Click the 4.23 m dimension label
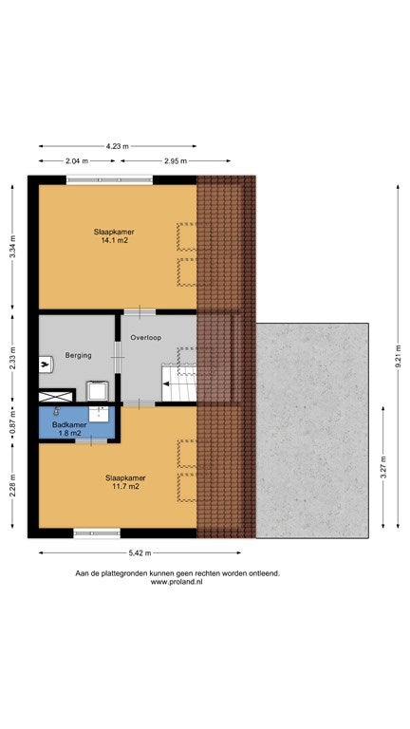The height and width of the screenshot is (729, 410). point(117,146)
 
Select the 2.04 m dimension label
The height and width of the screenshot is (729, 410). point(77,160)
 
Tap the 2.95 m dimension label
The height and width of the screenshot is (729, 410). point(176,160)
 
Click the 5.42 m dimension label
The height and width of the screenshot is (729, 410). point(140,552)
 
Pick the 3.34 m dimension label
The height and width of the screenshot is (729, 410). point(12,247)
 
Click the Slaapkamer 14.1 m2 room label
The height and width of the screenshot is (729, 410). point(111,235)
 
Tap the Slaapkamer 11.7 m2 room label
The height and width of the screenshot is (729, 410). point(125,482)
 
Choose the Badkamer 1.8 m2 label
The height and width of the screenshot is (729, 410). point(69,428)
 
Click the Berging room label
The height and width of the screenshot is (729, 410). point(78,355)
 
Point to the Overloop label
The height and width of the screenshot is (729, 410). point(146,338)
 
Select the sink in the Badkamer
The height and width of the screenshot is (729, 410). point(99,414)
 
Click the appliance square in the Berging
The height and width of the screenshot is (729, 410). point(98,390)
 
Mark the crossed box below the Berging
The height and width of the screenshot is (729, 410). point(56,397)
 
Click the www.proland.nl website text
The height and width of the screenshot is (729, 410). point(177,581)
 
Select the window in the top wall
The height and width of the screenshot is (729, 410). point(110,179)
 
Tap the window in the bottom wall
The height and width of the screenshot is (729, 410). point(97,533)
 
